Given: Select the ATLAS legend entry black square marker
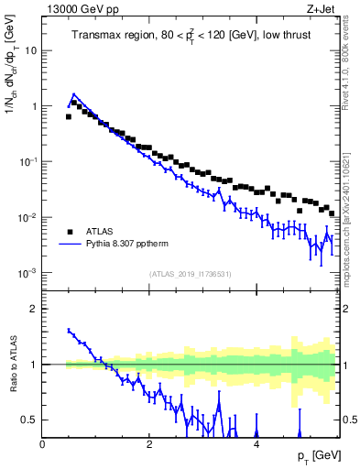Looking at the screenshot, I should pyautogui.click(x=70, y=231).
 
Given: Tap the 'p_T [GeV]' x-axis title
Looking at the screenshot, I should pyautogui.click(x=317, y=454).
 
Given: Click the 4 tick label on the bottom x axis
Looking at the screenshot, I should pyautogui.click(x=256, y=443).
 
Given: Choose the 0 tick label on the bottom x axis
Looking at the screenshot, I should pyautogui.click(x=42, y=443).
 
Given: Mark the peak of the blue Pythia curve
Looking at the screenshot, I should pyautogui.click(x=73, y=93).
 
